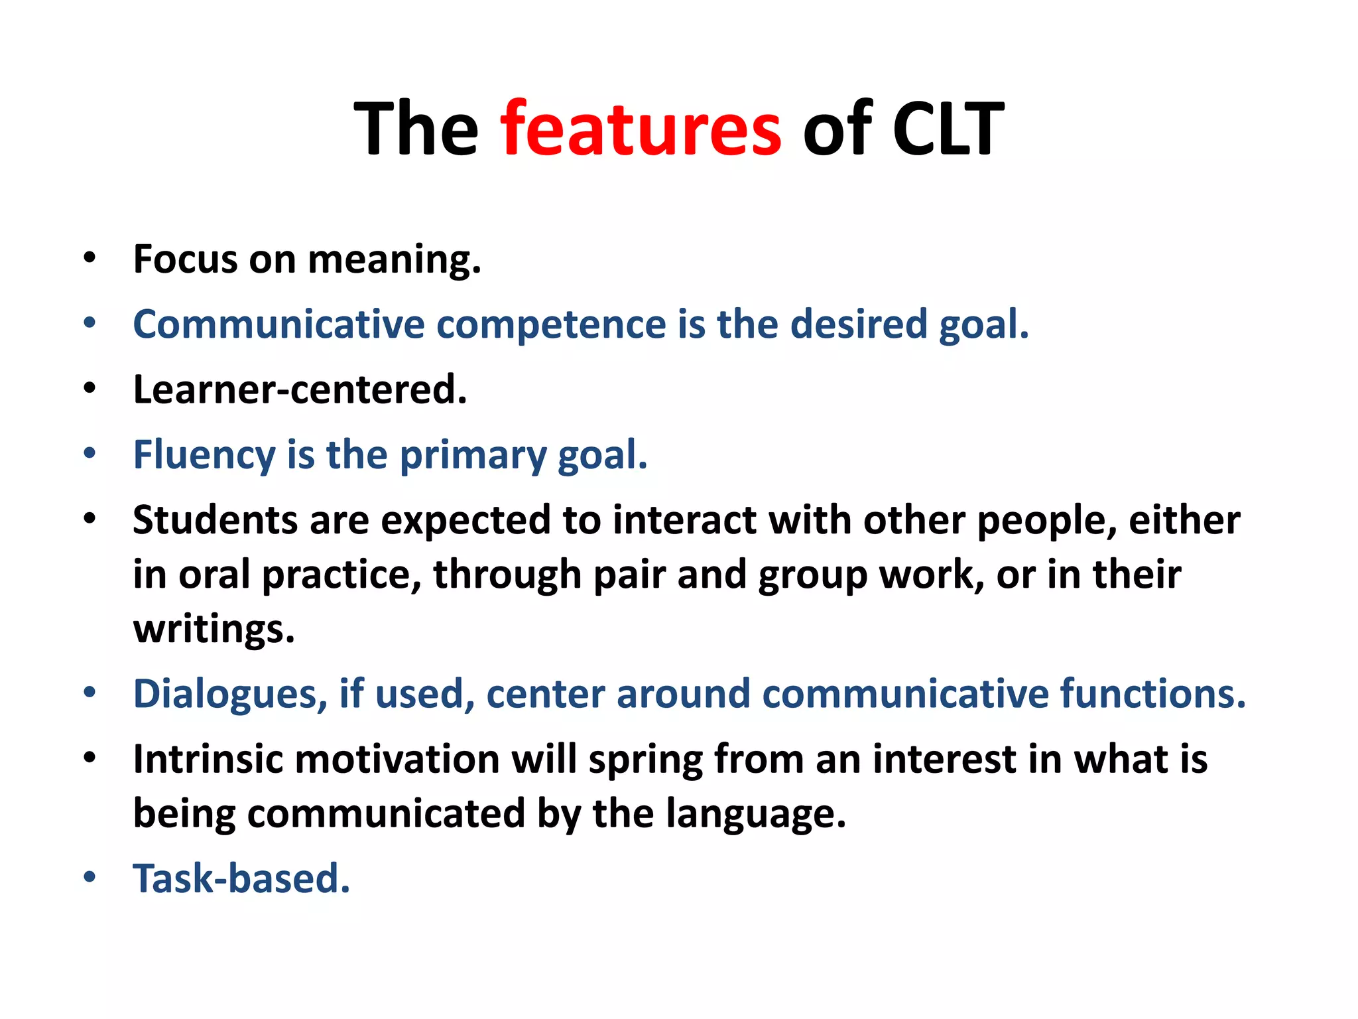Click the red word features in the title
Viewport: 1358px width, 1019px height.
[x=641, y=127]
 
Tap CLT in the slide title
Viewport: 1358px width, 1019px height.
[x=948, y=127]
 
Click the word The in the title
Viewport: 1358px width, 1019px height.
[x=416, y=127]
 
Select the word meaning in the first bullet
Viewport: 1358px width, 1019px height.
[x=394, y=260]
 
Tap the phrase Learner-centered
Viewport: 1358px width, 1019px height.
[x=300, y=389]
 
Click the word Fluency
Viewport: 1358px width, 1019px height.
[x=204, y=456]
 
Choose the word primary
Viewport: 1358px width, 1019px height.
[x=473, y=456]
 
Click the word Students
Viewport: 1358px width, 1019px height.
[x=215, y=520]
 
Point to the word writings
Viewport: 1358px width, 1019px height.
[x=214, y=629]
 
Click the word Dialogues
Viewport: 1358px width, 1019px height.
[x=230, y=694]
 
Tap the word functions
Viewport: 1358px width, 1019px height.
[x=1152, y=694]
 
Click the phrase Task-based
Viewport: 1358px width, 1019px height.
[x=241, y=878]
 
